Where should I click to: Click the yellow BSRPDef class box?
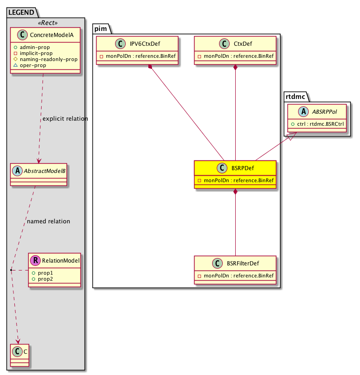pos(235,174)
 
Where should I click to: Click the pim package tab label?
pos(101,29)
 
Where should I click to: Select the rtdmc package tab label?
pos(295,96)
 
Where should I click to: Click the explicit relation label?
pos(65,119)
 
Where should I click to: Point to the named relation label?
pos(49,221)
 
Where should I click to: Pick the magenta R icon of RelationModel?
pos(36,260)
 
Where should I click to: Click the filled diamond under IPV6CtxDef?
pos(150,68)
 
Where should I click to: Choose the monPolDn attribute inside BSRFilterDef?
pos(235,276)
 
